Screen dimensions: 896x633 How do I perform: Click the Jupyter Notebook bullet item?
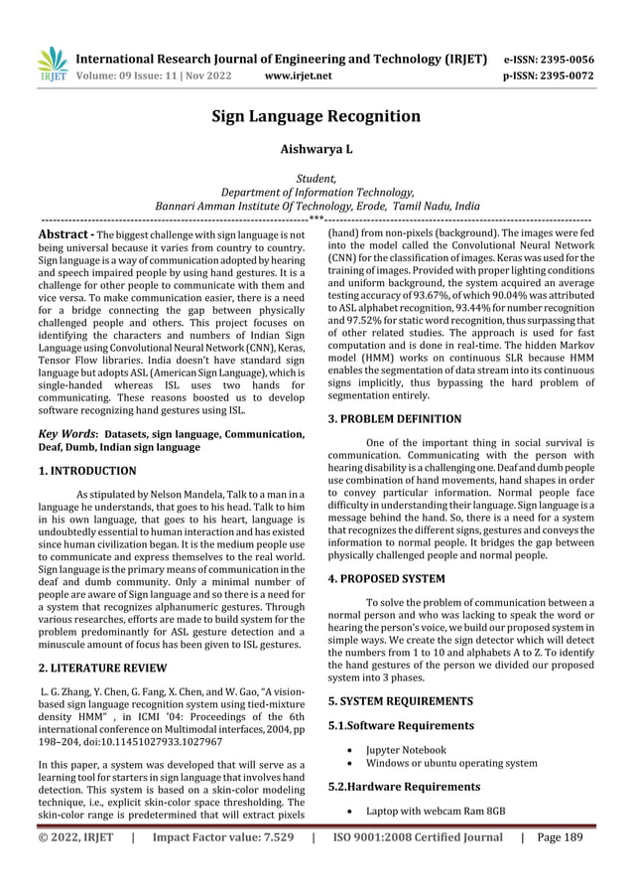[x=406, y=750]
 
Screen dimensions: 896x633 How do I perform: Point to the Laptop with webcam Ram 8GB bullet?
[x=436, y=812]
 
